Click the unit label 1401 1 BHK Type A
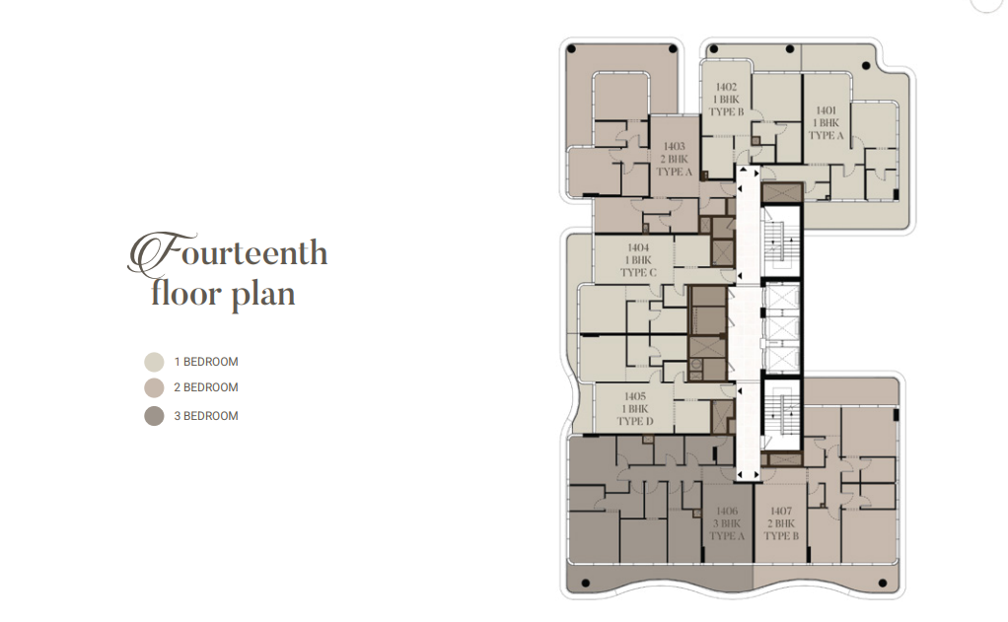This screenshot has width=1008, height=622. point(827,123)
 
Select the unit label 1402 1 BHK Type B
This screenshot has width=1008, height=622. point(727,99)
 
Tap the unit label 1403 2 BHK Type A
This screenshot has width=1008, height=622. point(675,159)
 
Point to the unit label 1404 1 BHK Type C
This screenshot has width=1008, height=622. point(638,259)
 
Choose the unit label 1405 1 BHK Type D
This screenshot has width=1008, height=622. point(635,409)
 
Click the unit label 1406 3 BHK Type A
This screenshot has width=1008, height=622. point(727,523)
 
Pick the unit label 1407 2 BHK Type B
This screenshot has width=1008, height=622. point(781,523)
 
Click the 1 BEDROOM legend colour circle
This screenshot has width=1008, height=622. point(154,362)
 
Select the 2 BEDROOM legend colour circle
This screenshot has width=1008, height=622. point(154,387)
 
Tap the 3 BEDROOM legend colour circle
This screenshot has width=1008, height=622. point(154,416)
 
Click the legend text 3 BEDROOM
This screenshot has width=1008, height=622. point(206,416)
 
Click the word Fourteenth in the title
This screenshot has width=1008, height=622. point(228,252)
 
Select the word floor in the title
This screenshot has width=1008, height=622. point(186,293)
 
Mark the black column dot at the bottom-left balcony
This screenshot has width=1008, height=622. point(585,584)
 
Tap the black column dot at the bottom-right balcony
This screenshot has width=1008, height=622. point(882,584)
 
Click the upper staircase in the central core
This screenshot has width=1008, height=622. point(781,242)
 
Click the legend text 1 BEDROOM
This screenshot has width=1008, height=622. point(206,362)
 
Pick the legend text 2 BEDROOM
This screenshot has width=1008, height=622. point(206,387)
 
